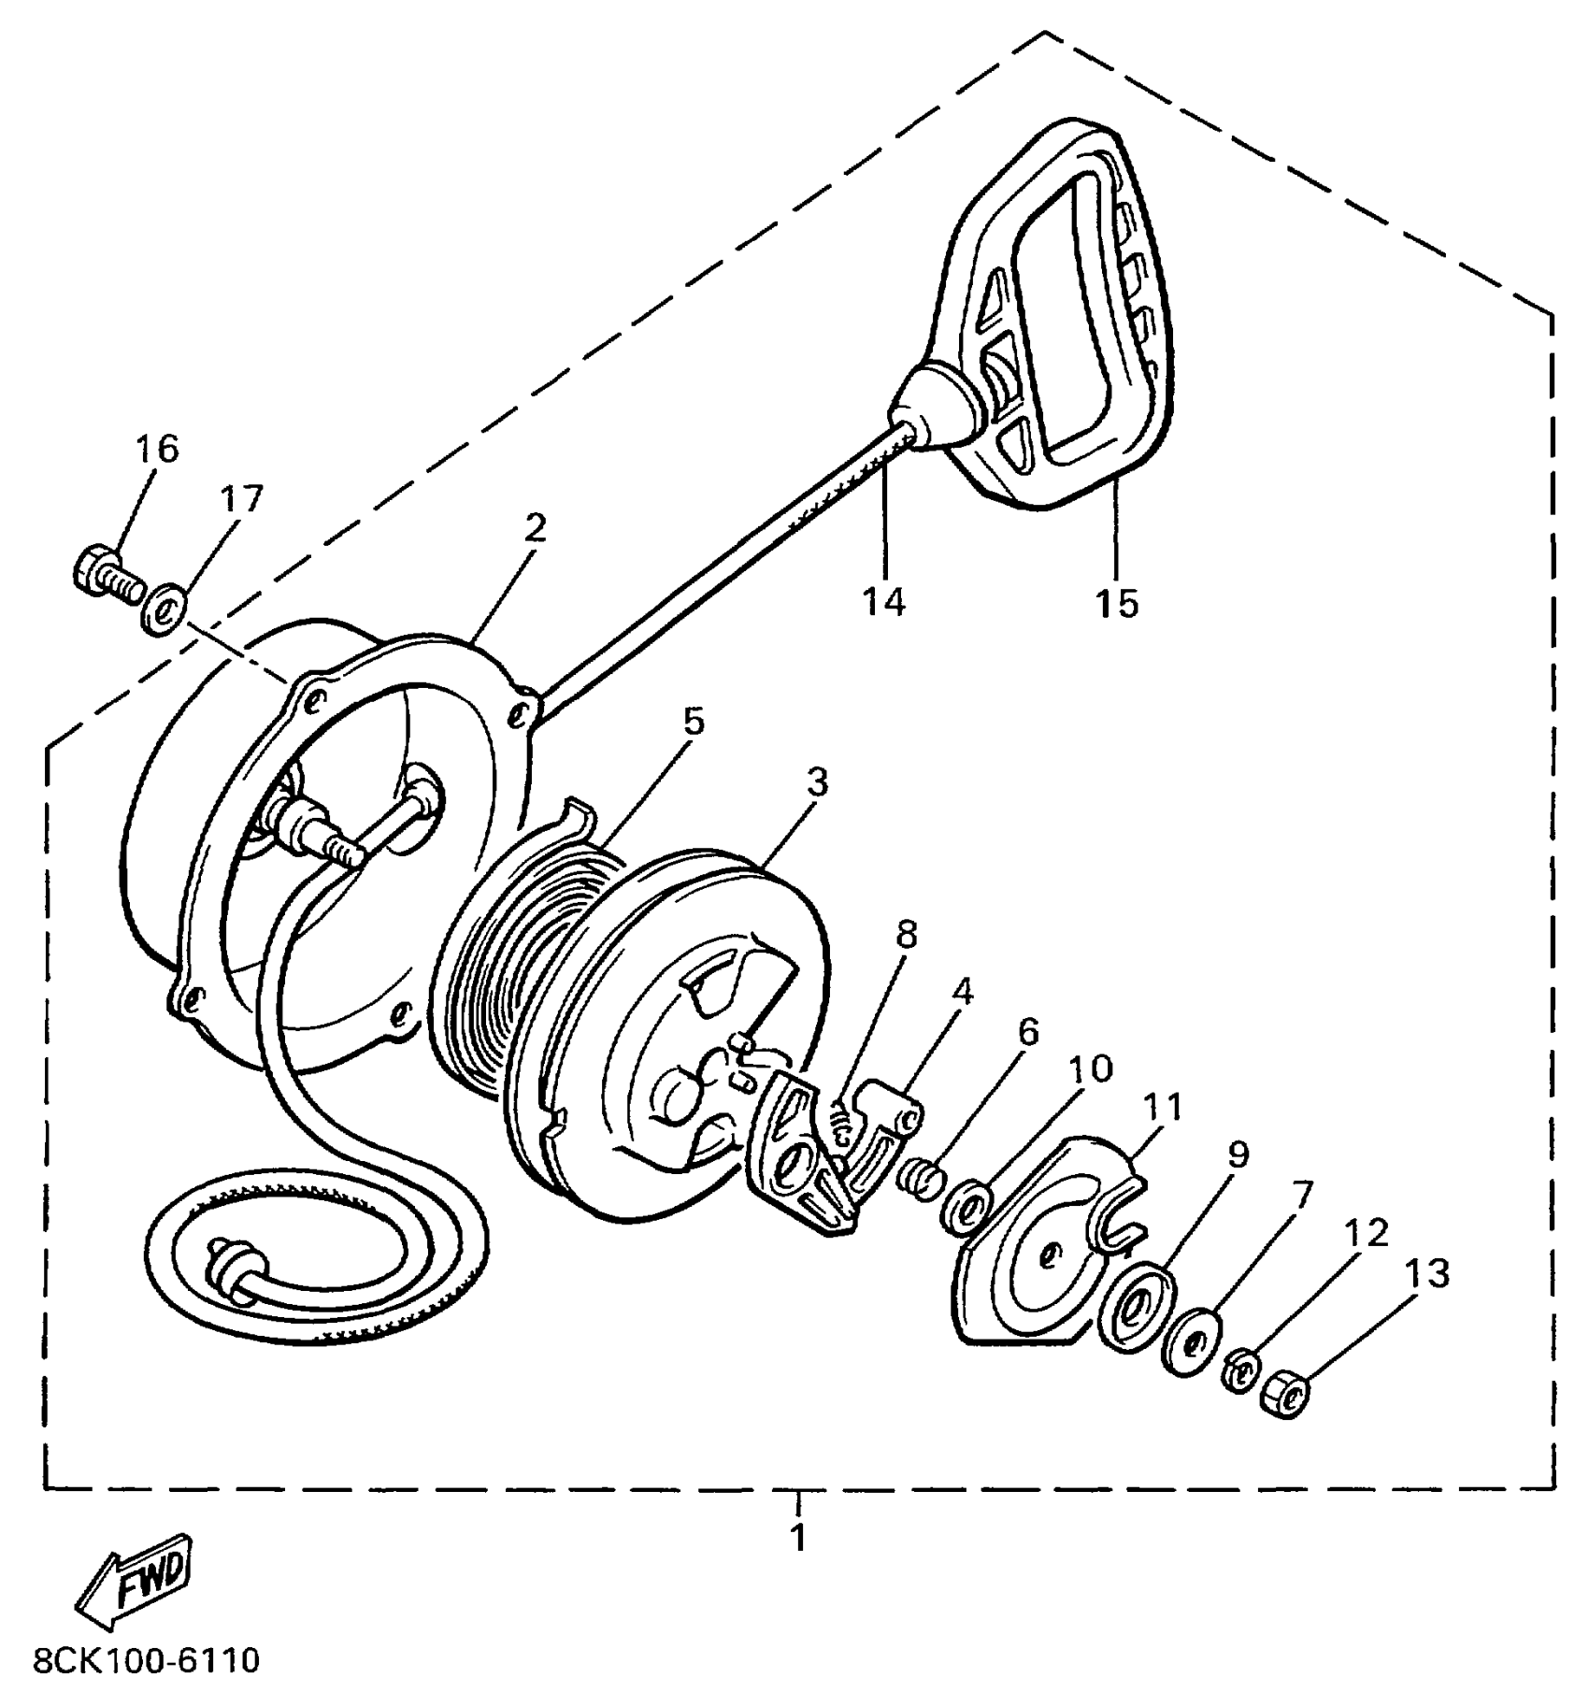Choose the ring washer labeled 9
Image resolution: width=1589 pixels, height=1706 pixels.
tap(1137, 1306)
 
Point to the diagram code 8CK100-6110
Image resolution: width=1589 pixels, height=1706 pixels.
tap(146, 1660)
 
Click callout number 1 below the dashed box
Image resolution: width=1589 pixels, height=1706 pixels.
tap(798, 1539)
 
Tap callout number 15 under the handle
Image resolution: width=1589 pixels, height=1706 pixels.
tap(1118, 604)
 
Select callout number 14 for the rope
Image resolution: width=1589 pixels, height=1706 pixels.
tap(883, 602)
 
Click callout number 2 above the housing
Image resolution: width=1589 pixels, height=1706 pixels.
tap(535, 528)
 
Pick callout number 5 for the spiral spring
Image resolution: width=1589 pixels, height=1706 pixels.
tap(693, 722)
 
